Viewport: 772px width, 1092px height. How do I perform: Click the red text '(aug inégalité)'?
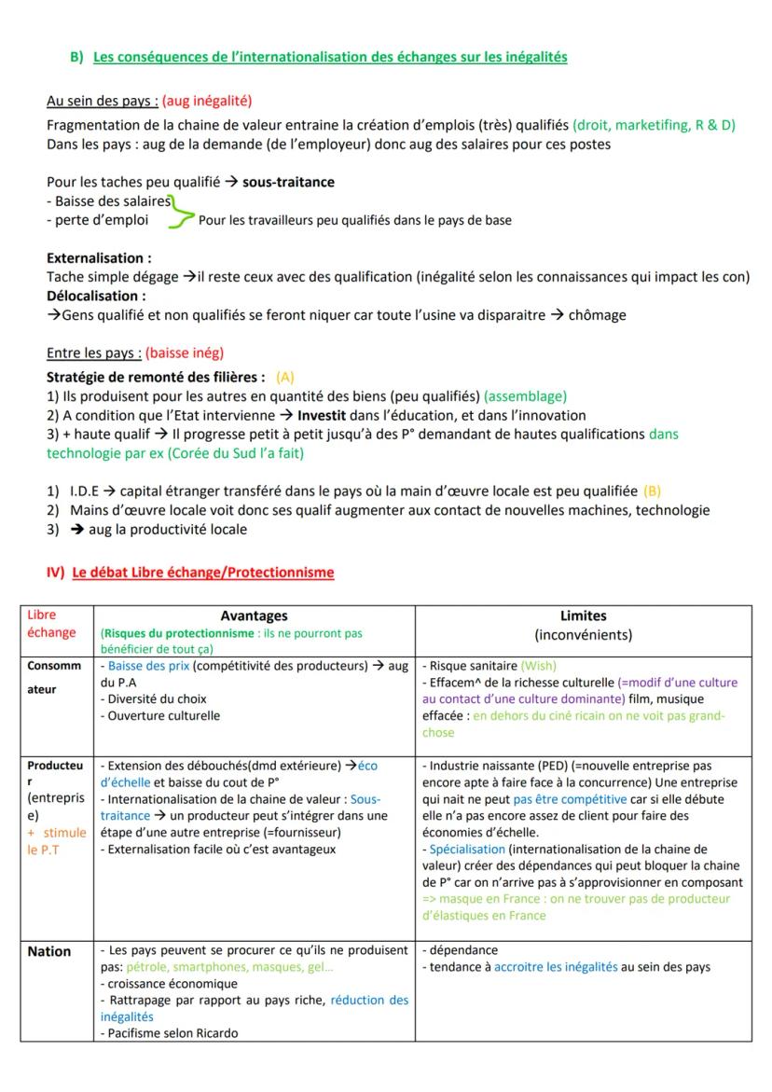click(207, 100)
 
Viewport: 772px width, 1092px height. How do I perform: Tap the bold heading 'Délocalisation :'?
click(95, 296)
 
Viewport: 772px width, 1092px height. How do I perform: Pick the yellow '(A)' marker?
click(285, 377)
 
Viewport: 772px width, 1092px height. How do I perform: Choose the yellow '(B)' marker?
click(652, 491)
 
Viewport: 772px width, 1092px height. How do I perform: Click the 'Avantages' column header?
click(254, 615)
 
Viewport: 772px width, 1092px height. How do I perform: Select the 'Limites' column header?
click(583, 615)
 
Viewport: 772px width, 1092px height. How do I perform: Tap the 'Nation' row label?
click(49, 951)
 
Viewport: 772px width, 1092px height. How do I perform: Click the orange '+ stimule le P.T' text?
click(56, 841)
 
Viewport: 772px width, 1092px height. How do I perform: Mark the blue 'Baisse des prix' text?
click(145, 666)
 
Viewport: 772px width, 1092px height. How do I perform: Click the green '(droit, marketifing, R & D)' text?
click(654, 125)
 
